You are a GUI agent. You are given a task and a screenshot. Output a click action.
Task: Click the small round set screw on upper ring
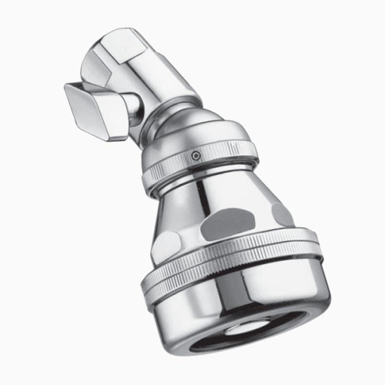pyautogui.click(x=195, y=155)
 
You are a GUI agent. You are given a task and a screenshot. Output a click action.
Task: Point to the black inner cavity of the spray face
pyautogui.click(x=269, y=332)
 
